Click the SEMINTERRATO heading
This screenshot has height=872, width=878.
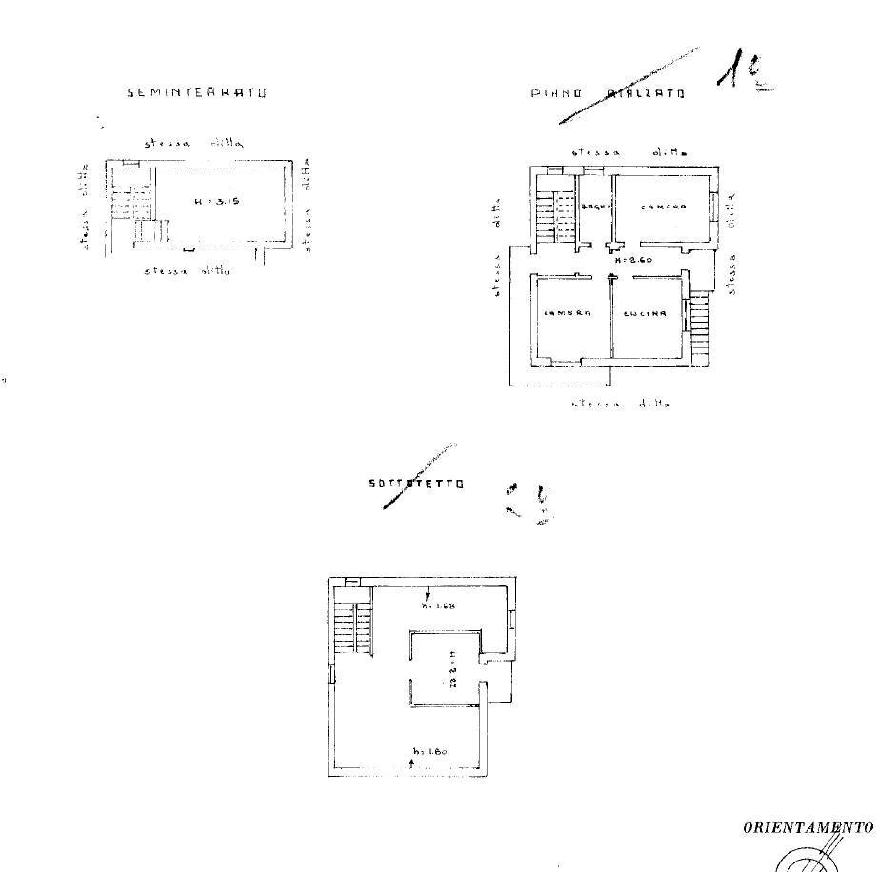coord(196,92)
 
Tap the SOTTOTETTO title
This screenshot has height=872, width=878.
coord(416,484)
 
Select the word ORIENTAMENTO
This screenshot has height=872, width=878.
coord(808,827)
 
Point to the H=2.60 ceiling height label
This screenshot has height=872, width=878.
coord(630,260)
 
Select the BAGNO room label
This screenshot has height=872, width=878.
coord(595,208)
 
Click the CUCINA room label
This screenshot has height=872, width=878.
coord(644,313)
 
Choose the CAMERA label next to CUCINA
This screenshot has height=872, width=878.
coord(569,313)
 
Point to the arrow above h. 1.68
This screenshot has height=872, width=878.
coord(428,594)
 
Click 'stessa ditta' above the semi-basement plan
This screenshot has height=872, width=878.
coord(195,143)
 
